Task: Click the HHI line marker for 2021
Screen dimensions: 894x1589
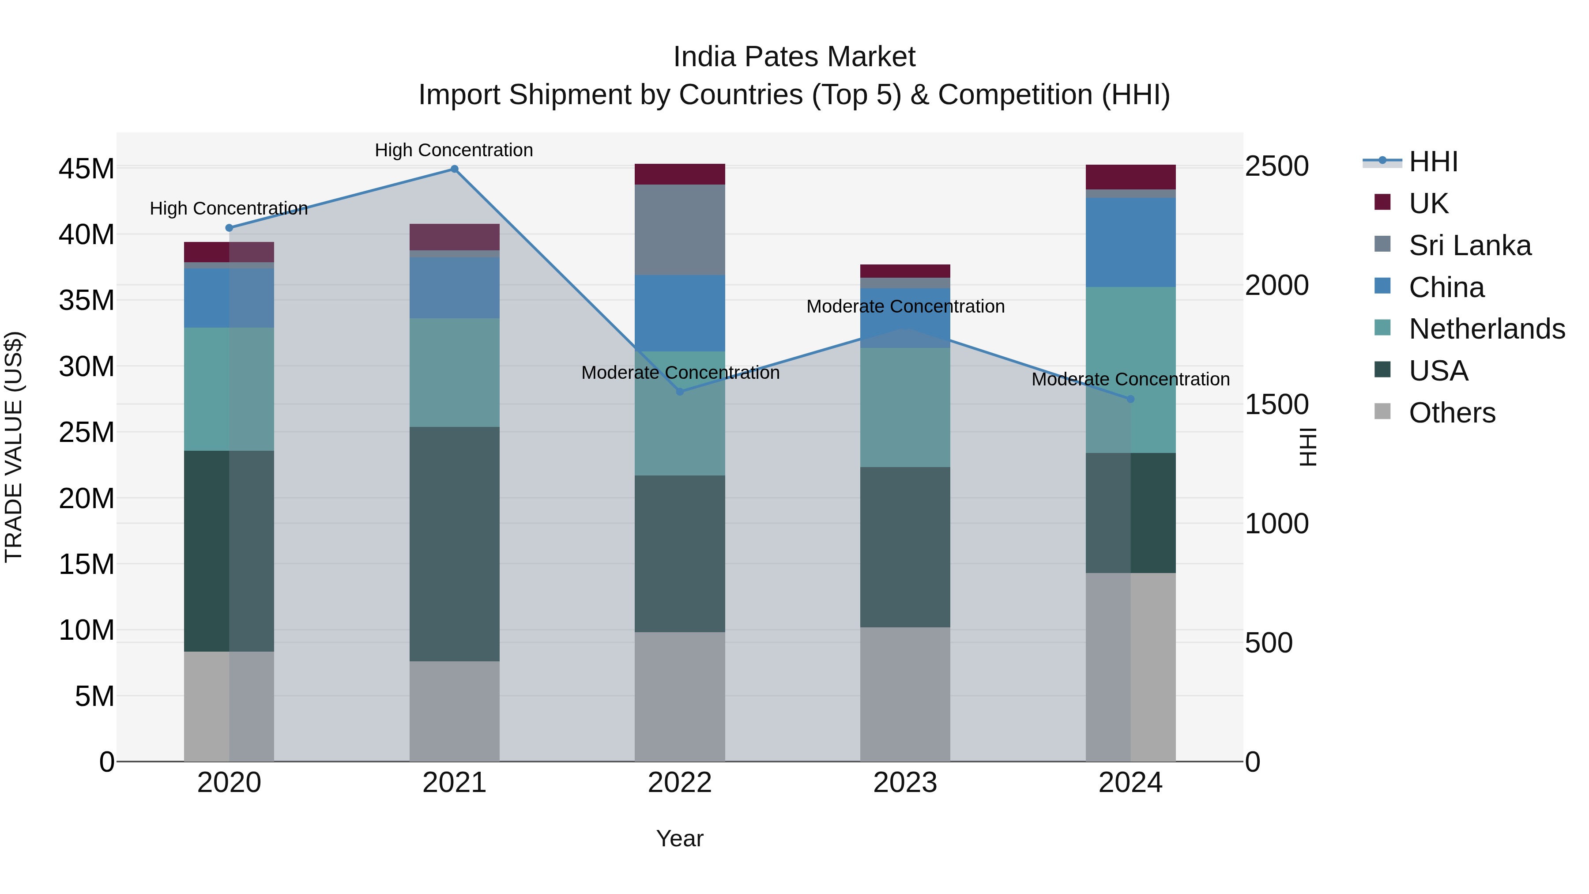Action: point(454,169)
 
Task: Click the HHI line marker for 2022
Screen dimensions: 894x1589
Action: point(680,392)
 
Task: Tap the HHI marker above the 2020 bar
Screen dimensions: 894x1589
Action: point(229,228)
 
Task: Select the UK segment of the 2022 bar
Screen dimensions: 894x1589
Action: point(680,174)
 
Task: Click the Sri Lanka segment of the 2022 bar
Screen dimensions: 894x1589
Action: point(680,230)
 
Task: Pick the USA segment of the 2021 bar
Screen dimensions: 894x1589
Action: point(454,543)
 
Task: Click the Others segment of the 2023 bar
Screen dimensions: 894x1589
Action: point(905,694)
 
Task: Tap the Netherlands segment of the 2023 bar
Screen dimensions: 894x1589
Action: point(905,407)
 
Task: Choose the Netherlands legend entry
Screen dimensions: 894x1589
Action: point(1487,329)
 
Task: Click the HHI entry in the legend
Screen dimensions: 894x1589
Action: point(1433,162)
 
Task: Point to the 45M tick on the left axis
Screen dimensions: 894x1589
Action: point(87,169)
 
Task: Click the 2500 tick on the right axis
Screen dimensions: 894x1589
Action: point(1276,166)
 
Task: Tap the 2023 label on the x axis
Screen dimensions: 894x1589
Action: point(905,783)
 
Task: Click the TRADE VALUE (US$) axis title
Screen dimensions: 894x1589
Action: point(14,447)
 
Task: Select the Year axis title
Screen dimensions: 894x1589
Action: point(680,838)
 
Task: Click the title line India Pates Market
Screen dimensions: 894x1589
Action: point(794,57)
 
